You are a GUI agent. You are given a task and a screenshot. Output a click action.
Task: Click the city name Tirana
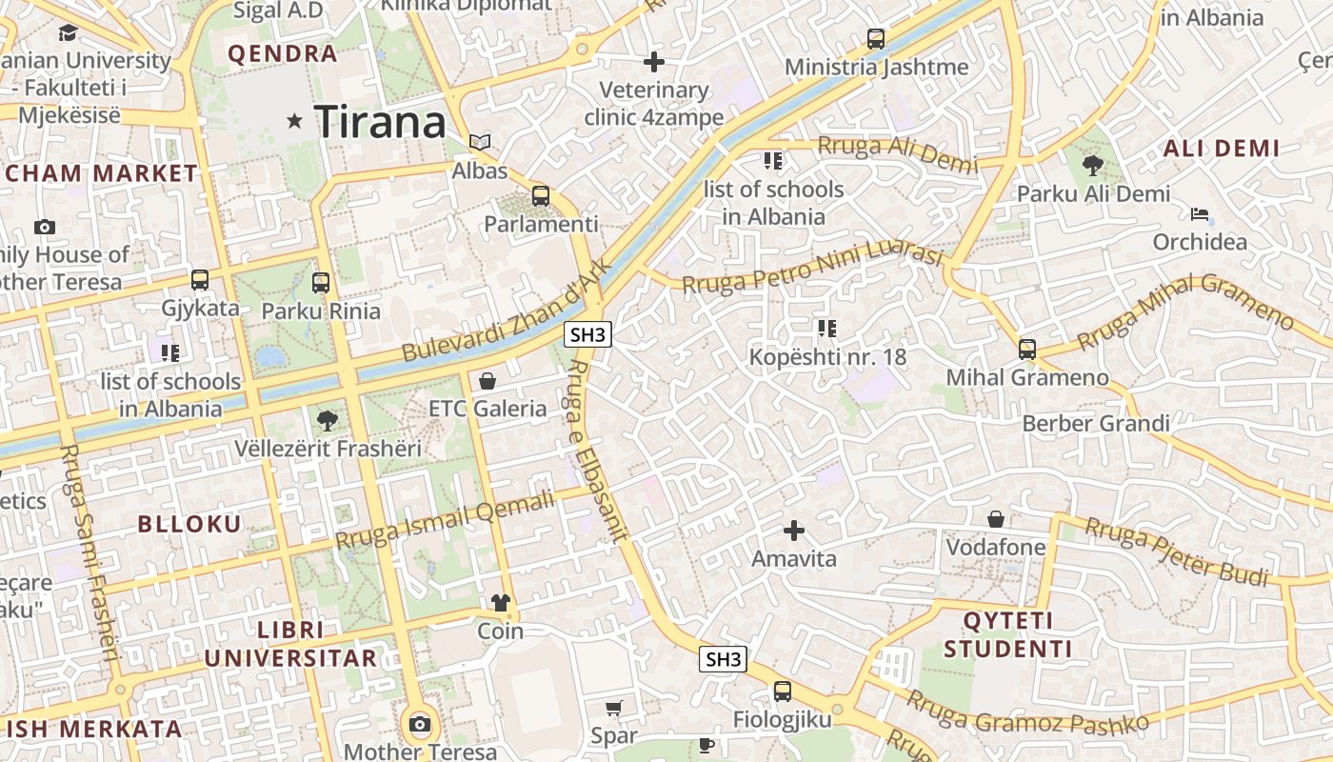click(x=380, y=122)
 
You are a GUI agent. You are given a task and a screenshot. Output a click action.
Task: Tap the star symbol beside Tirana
click(x=295, y=121)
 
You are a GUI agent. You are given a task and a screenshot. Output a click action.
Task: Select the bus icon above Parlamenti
click(x=541, y=196)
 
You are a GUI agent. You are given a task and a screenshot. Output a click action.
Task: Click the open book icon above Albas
click(x=480, y=143)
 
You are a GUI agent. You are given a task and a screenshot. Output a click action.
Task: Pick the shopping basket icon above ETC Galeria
click(x=487, y=381)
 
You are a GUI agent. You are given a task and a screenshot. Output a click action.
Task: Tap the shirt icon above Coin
click(x=501, y=603)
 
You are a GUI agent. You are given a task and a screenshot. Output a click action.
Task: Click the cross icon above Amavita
click(x=794, y=530)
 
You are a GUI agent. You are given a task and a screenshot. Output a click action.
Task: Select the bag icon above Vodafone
click(x=996, y=519)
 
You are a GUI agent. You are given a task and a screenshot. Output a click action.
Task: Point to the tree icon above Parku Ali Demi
click(x=1093, y=166)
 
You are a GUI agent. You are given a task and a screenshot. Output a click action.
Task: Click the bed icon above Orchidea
click(x=1200, y=213)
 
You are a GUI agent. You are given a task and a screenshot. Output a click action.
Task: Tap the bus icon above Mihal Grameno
click(x=1027, y=349)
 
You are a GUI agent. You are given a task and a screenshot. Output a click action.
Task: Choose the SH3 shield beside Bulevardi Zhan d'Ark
click(x=587, y=334)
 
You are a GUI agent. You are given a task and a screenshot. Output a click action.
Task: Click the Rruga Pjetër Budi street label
click(x=1177, y=552)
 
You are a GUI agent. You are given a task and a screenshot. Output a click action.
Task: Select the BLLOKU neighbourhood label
click(x=189, y=524)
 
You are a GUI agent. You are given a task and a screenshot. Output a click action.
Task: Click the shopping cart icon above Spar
click(x=614, y=708)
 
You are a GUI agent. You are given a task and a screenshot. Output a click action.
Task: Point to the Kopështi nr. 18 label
click(x=827, y=357)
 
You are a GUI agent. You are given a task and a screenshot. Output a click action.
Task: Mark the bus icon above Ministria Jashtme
click(x=876, y=39)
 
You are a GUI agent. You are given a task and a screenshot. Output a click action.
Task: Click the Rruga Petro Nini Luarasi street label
click(x=812, y=269)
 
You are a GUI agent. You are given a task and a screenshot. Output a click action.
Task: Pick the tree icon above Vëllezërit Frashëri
click(x=328, y=419)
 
